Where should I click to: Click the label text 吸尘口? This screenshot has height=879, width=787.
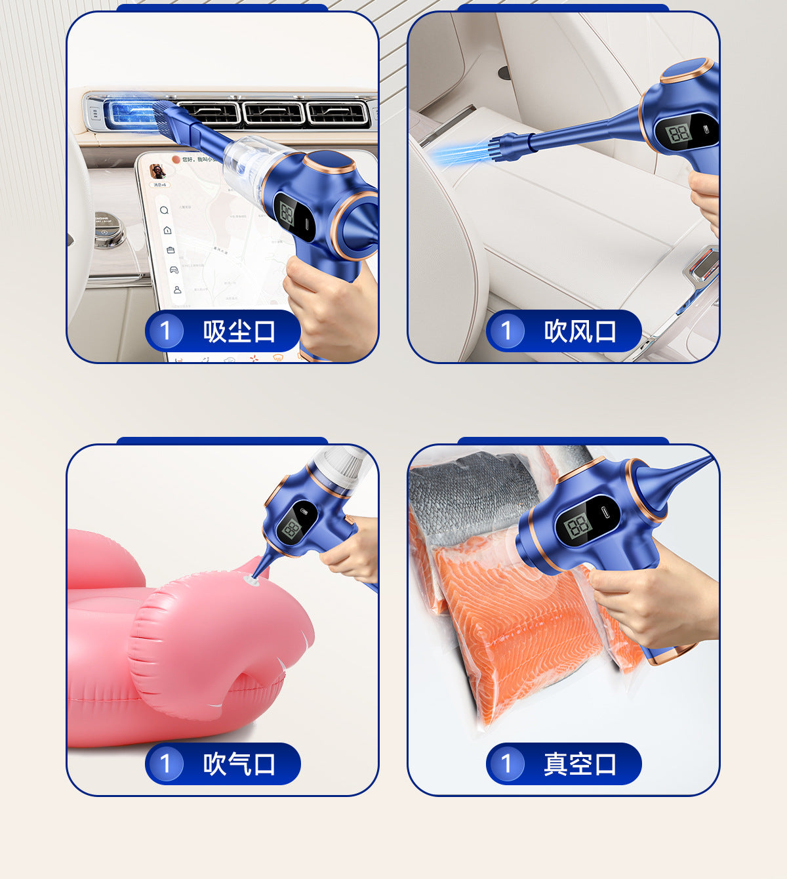239,331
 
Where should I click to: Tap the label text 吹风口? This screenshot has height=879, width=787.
580,331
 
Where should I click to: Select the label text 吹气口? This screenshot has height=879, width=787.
239,764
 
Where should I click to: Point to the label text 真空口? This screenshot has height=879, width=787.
580,764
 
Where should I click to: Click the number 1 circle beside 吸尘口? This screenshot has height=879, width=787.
165,331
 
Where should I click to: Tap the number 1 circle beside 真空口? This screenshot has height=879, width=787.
506,764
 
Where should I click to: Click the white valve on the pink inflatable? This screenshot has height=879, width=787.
251,580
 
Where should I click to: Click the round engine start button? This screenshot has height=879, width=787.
108,230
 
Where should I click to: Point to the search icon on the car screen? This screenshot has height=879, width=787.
164,210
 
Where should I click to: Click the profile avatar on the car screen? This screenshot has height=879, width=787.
157,171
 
